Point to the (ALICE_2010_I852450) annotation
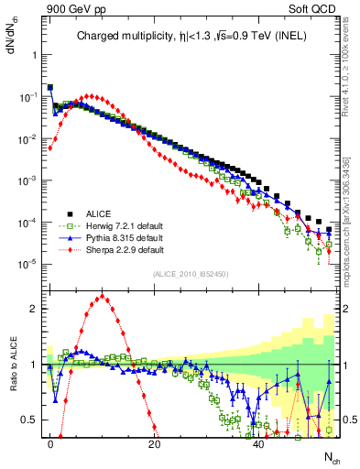point(189,274)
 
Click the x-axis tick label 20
point(155,443)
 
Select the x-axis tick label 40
point(259,443)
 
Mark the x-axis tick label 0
point(50,443)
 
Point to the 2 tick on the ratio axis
point(33,309)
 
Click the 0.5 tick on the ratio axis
point(29,420)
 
